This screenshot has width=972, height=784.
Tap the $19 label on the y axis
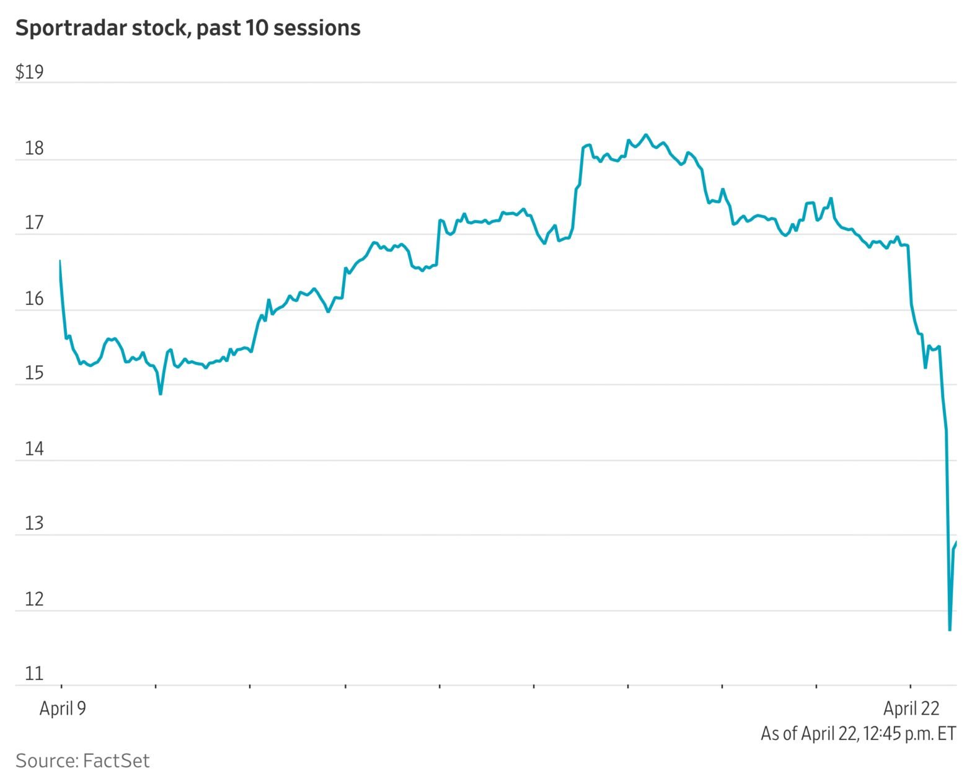pyautogui.click(x=29, y=73)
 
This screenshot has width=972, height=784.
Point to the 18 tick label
pyautogui.click(x=33, y=149)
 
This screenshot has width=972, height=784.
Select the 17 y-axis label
pyautogui.click(x=33, y=223)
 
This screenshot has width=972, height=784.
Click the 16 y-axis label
pyautogui.click(x=33, y=299)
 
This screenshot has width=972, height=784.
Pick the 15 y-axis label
pyautogui.click(x=33, y=374)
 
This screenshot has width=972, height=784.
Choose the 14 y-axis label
pyautogui.click(x=33, y=449)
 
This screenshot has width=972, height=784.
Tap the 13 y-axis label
pyautogui.click(x=33, y=524)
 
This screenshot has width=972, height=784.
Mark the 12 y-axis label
pyautogui.click(x=33, y=599)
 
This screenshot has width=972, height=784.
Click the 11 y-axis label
pyautogui.click(x=33, y=674)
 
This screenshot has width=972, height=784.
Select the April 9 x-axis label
pyautogui.click(x=63, y=708)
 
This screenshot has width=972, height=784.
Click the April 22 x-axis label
pyautogui.click(x=911, y=708)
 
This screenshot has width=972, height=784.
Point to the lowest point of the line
pyautogui.click(x=949, y=630)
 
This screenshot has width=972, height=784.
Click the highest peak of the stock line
pyautogui.click(x=646, y=134)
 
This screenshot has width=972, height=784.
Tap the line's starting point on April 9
pyautogui.click(x=60, y=261)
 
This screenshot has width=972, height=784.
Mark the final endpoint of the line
pyautogui.click(x=957, y=543)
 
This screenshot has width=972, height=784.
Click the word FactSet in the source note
pyautogui.click(x=116, y=760)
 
